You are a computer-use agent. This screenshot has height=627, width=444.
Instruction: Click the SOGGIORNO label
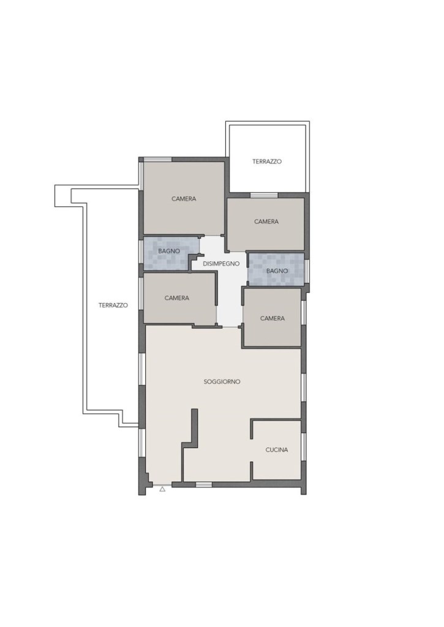[222, 381]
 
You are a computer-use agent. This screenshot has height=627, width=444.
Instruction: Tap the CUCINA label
[277, 449]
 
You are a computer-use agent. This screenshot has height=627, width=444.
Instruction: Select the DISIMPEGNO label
[221, 263]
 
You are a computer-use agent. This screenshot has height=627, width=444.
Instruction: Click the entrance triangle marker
[162, 489]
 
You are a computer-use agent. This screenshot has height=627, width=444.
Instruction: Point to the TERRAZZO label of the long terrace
[113, 305]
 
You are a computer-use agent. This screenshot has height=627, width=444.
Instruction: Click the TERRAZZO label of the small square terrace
[267, 162]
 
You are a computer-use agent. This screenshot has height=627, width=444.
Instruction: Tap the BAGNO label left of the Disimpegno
[169, 251]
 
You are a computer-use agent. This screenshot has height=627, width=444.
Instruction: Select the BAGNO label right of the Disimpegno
[277, 271]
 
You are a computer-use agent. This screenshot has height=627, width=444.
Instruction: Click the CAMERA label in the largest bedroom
[184, 199]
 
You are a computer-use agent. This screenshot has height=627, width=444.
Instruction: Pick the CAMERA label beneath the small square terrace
[266, 222]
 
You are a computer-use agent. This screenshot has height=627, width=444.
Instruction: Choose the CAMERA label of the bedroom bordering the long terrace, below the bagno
[177, 298]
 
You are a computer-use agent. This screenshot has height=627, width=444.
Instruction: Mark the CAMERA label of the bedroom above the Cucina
[273, 318]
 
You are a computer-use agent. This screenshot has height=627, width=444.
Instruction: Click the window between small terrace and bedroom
[264, 195]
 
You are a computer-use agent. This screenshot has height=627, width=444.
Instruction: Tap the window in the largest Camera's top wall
[158, 160]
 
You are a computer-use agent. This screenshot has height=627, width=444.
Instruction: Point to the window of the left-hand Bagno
[141, 252]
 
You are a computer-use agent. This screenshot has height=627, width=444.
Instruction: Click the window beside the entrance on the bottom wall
[203, 485]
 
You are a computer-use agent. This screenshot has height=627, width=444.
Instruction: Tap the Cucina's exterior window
[304, 446]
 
